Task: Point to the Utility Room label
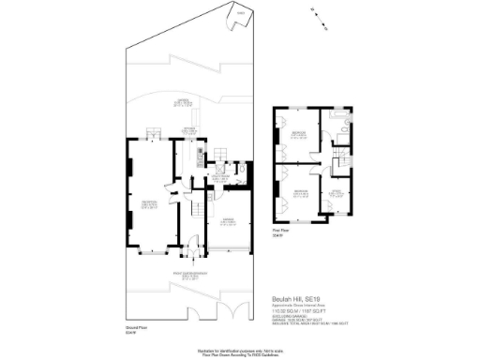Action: pos(217,175)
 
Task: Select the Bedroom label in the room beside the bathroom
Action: pos(298,133)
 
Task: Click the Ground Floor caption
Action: pos(139,328)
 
